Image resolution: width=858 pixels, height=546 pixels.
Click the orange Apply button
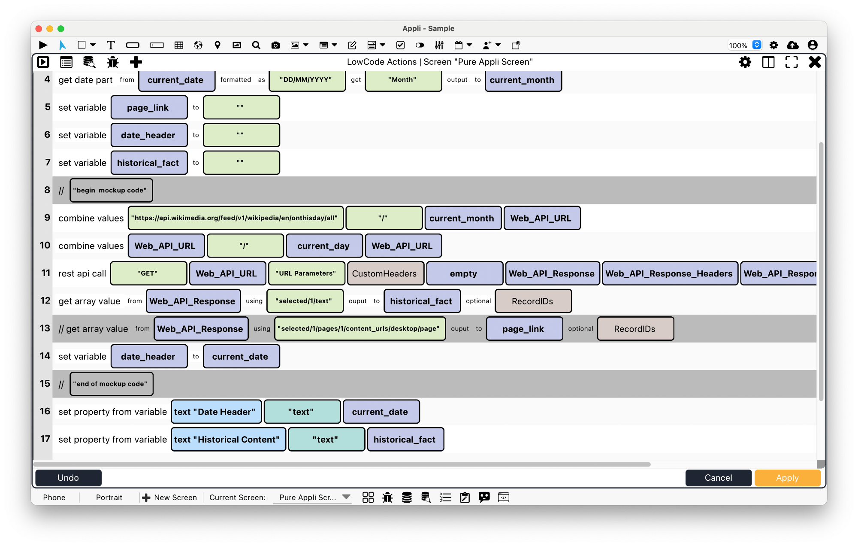pos(787,478)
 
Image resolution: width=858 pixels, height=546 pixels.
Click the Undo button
pos(68,478)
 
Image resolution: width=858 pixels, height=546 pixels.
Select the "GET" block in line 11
pos(148,273)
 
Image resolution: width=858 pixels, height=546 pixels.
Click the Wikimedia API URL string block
pos(236,218)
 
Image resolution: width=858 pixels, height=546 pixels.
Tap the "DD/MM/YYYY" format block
pos(307,80)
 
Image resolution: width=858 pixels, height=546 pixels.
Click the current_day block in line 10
pos(324,246)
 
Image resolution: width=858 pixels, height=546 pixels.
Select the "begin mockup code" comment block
pos(111,190)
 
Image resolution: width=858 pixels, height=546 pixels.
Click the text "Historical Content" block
pos(228,440)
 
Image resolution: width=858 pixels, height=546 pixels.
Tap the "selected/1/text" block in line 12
pos(305,301)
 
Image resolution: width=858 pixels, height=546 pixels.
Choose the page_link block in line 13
pos(524,329)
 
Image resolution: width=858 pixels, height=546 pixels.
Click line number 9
pos(47,218)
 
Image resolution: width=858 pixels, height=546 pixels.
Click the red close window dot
pos(39,29)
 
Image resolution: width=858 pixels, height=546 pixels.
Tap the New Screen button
pos(170,497)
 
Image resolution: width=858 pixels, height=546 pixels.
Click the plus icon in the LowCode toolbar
pos(136,62)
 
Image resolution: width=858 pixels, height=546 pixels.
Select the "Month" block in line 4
pos(403,80)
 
